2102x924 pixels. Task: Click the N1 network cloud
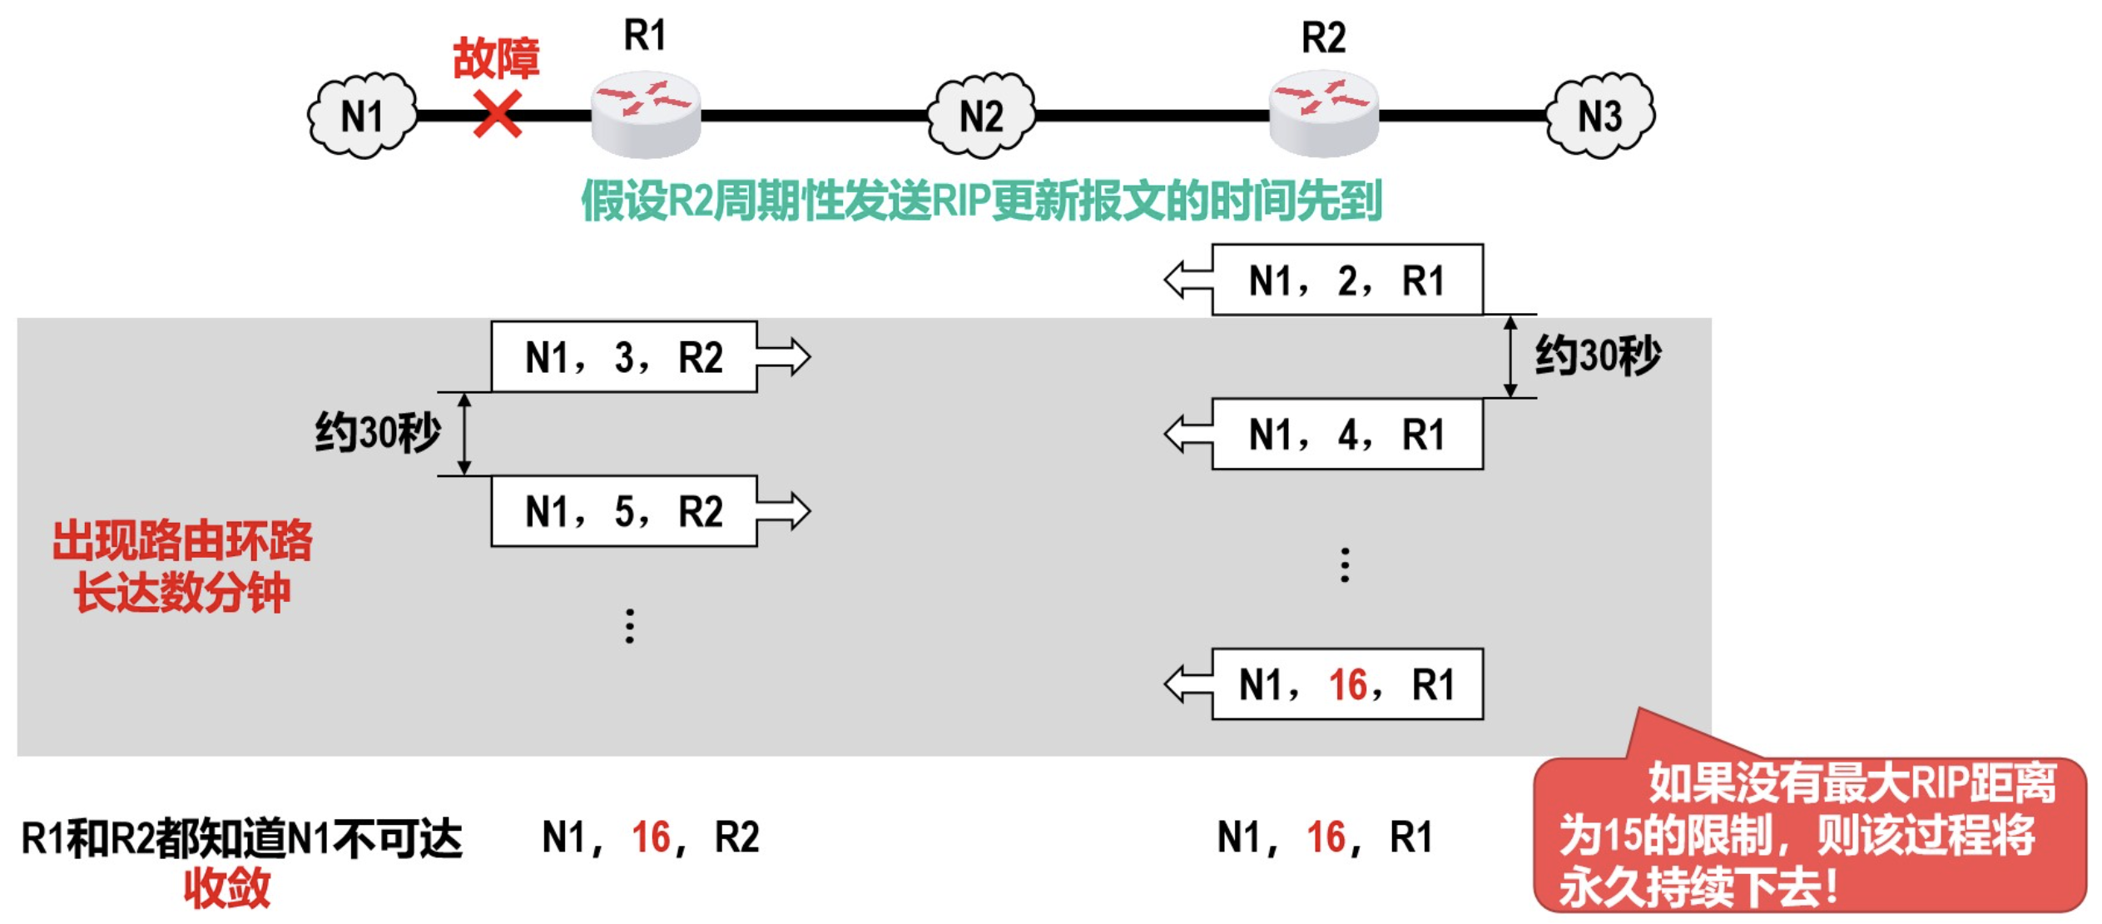click(x=362, y=116)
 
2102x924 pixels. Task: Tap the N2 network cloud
click(x=981, y=116)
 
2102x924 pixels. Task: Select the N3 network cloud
click(x=1599, y=116)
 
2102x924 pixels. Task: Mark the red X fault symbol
click(x=497, y=114)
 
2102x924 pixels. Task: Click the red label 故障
click(x=496, y=58)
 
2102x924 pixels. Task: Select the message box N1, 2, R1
click(x=1346, y=281)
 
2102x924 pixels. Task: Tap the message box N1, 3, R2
click(x=623, y=357)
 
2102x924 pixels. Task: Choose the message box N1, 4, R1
click(x=1346, y=435)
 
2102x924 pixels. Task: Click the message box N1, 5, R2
click(x=623, y=511)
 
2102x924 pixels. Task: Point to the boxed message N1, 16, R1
click(x=1346, y=684)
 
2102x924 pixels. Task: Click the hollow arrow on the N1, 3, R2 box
click(x=783, y=357)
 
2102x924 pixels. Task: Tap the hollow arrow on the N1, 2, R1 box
click(x=1188, y=281)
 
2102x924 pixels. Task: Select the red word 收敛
click(x=227, y=887)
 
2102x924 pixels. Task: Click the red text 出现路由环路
click(x=182, y=541)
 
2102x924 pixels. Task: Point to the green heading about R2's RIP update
click(x=981, y=201)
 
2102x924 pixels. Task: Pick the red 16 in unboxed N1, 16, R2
click(x=650, y=837)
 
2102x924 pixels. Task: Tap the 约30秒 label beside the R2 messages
click(x=1597, y=356)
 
